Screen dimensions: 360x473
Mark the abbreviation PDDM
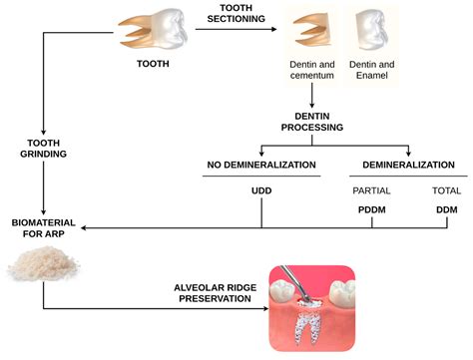coord(371,211)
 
